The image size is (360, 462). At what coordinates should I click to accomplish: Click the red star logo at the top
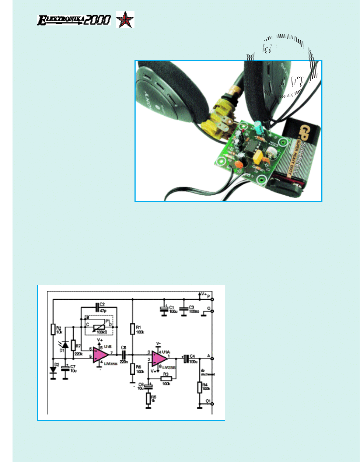125,19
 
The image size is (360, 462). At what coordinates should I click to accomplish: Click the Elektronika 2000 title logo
74,20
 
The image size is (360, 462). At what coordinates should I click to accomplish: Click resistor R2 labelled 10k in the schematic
53,329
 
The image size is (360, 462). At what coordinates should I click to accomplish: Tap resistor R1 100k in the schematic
133,329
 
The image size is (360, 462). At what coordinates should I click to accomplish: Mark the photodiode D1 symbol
65,345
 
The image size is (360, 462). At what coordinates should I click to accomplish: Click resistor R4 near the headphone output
199,387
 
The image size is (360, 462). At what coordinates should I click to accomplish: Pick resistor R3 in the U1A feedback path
166,379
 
